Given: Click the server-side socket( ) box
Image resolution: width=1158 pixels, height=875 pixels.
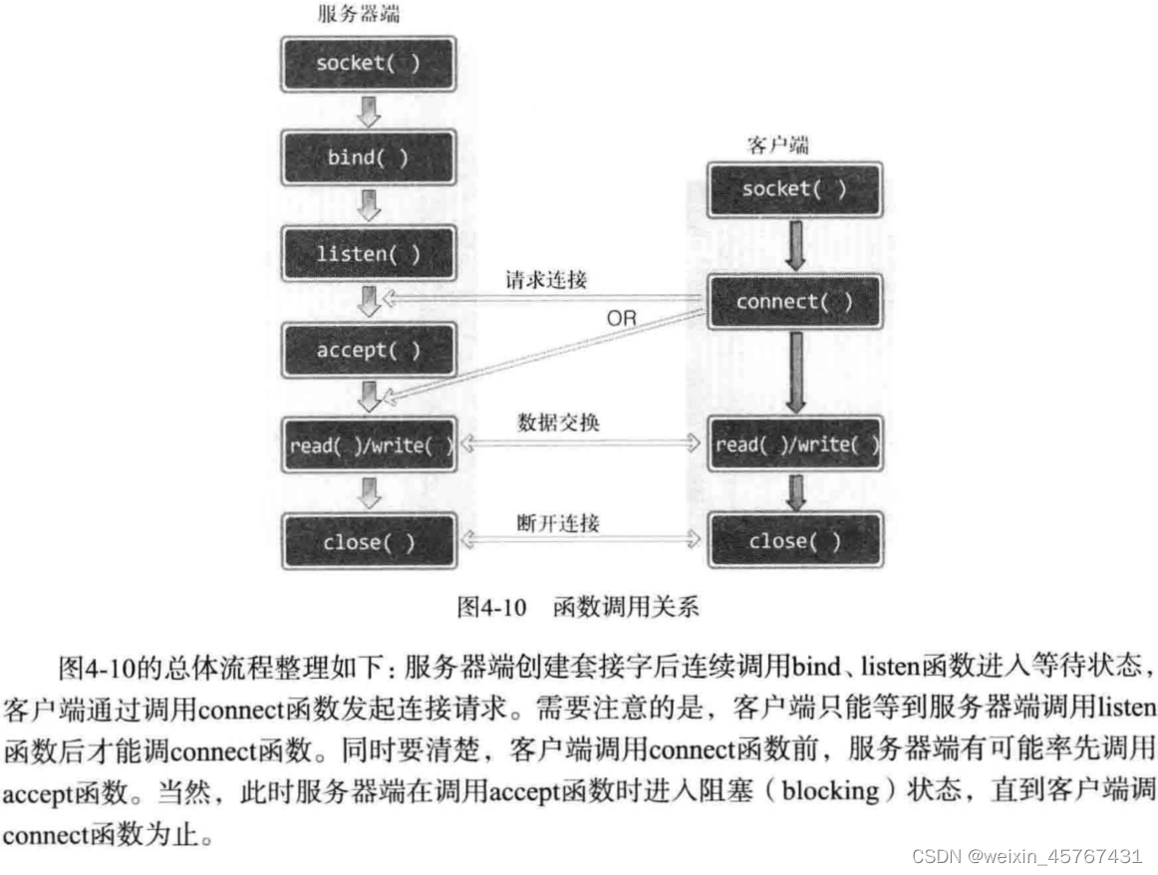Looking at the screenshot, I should click(x=368, y=65).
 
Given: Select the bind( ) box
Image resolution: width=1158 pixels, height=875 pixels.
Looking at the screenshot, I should click(x=368, y=158).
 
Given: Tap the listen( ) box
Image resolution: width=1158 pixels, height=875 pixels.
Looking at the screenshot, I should click(x=368, y=254).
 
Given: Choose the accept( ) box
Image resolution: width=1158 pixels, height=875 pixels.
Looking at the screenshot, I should click(x=368, y=351).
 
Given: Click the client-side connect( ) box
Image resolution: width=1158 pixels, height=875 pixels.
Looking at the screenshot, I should click(x=794, y=302).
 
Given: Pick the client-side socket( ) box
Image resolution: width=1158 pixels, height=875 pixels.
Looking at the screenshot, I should click(x=794, y=189).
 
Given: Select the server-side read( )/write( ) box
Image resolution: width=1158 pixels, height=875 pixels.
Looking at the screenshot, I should click(x=368, y=445).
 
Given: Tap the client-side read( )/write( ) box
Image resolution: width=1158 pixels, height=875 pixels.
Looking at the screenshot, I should click(x=794, y=444).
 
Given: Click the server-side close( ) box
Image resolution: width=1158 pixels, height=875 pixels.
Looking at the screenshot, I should click(x=368, y=543).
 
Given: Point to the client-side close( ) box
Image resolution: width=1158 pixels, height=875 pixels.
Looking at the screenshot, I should click(x=794, y=541).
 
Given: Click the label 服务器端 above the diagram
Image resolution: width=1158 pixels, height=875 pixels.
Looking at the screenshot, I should click(x=360, y=14).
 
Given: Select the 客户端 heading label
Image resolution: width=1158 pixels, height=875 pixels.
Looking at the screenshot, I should click(x=777, y=145).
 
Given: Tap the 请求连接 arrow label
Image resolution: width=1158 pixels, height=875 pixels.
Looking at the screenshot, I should click(x=546, y=280).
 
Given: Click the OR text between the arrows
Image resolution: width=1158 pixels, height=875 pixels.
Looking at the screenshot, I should click(x=621, y=319).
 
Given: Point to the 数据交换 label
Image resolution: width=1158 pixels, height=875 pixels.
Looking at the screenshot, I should click(x=559, y=423).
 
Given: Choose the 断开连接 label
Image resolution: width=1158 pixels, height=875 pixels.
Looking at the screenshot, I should click(x=559, y=521).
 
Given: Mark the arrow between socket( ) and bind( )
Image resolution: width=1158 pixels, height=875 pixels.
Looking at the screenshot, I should click(x=369, y=112).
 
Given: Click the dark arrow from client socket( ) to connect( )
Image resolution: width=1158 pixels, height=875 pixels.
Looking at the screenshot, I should click(x=794, y=245).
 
